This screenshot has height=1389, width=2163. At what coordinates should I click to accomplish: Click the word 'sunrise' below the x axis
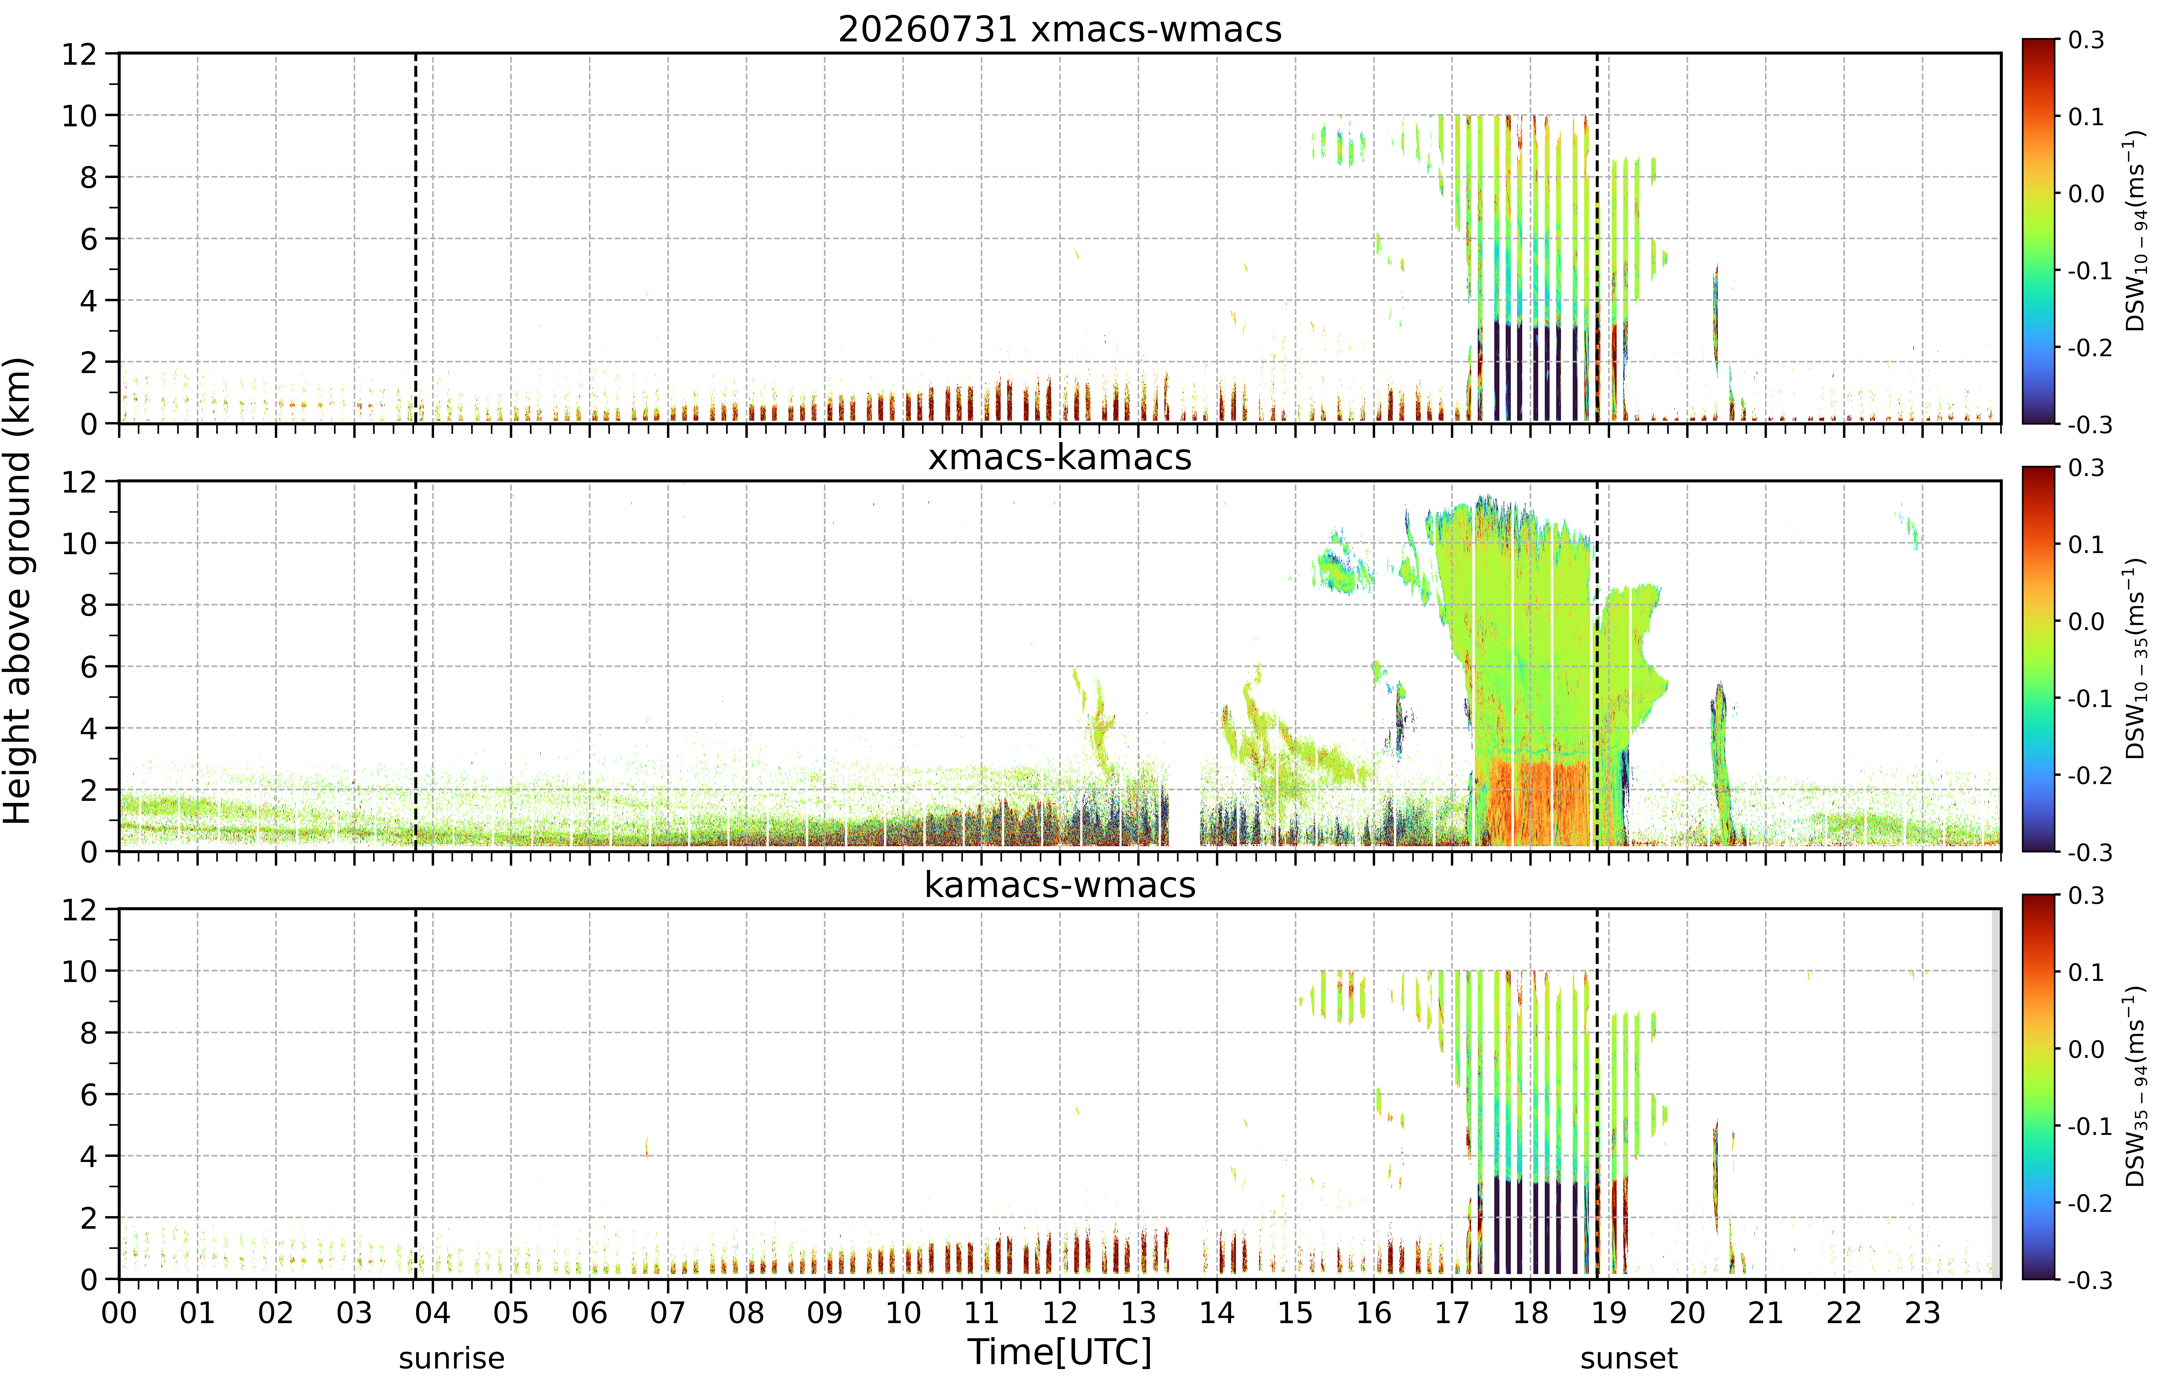coord(452,1358)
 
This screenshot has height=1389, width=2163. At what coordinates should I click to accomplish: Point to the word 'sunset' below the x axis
coord(1628,1358)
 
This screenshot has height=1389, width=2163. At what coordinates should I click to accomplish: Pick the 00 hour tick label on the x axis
coord(119,1312)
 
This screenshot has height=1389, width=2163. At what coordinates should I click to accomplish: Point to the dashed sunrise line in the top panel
coord(416,238)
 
